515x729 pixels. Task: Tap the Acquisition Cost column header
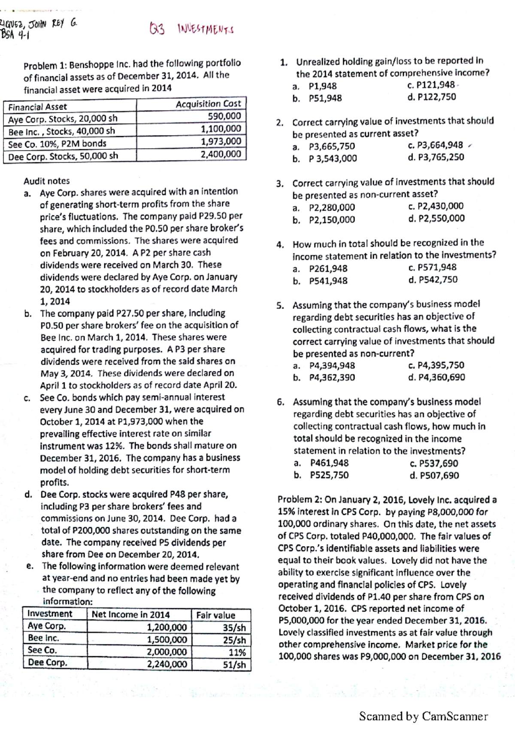point(208,103)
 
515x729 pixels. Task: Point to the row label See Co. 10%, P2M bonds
point(57,144)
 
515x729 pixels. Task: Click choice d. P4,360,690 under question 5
point(436,377)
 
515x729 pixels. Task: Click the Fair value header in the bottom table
point(215,615)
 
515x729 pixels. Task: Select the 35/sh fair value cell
point(234,628)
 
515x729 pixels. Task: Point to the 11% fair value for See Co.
point(237,653)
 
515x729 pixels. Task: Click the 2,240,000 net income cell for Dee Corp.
point(167,664)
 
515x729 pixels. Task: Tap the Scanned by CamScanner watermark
point(423,716)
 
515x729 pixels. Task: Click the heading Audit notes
point(46,181)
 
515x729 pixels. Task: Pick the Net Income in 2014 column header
point(130,615)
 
